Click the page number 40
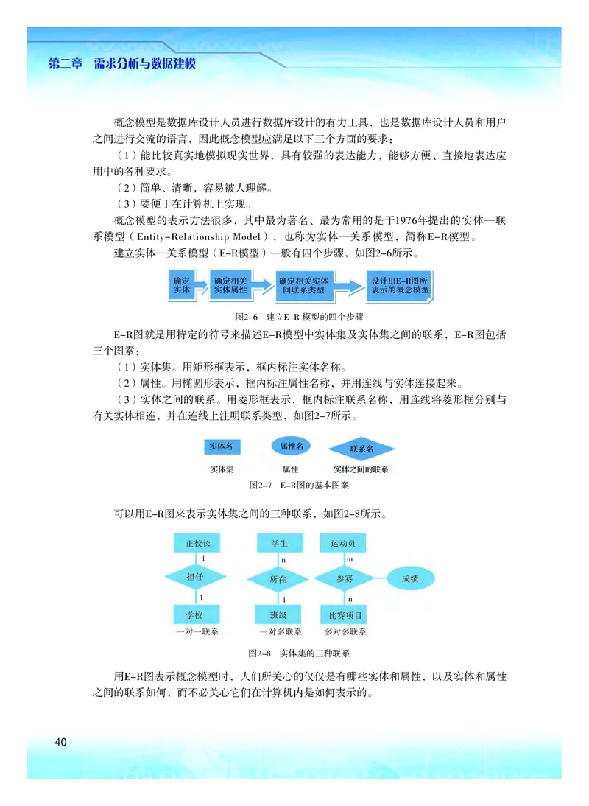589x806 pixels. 60,741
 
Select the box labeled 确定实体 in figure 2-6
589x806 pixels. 181,286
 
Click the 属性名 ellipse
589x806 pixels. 291,446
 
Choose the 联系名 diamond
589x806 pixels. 361,449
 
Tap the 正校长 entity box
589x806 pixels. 196,544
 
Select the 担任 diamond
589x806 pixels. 195,578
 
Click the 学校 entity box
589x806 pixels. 196,614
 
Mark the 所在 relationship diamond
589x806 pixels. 278,579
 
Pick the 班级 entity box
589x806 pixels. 278,614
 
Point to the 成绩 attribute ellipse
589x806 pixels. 409,579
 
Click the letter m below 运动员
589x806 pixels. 349,560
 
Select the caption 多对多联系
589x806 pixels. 345,631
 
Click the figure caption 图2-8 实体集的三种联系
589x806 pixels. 299,653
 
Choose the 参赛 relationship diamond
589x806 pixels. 344,579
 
